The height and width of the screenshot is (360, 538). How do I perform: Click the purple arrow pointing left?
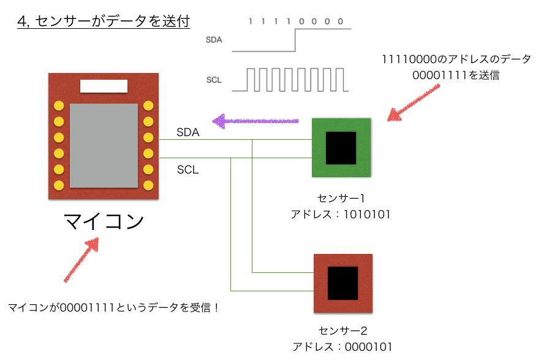pyautogui.click(x=256, y=121)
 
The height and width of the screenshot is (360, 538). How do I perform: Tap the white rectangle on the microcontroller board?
pyautogui.click(x=104, y=86)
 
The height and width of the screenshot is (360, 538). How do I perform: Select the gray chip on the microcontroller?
pyautogui.click(x=104, y=145)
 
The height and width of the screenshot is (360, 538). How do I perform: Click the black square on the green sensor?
pyautogui.click(x=341, y=148)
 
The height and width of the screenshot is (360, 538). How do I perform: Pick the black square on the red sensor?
pyautogui.click(x=343, y=283)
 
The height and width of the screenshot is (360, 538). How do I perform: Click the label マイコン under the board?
pyautogui.click(x=104, y=221)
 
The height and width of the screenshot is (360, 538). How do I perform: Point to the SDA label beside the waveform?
pyautogui.click(x=214, y=40)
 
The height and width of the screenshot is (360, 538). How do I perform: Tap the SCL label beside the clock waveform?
pyautogui.click(x=214, y=80)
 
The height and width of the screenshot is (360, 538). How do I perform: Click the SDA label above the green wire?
pyautogui.click(x=188, y=132)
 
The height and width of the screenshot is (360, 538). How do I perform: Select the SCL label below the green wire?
pyautogui.click(x=188, y=169)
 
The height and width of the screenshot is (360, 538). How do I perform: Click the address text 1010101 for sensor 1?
pyautogui.click(x=367, y=215)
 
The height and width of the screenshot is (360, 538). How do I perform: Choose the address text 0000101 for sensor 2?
pyautogui.click(x=368, y=347)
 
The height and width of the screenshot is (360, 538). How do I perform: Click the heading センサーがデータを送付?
pyautogui.click(x=113, y=21)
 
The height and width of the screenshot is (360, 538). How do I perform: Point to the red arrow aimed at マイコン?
pyautogui.click(x=81, y=259)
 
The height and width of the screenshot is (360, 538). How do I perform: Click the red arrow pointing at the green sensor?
pyautogui.click(x=413, y=102)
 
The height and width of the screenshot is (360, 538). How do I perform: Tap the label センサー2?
pyautogui.click(x=343, y=331)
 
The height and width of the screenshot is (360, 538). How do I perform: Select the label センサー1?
pyautogui.click(x=341, y=198)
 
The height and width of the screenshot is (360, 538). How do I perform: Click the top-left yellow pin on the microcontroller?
pyautogui.click(x=59, y=105)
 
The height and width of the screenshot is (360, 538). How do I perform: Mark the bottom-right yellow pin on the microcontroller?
pyautogui.click(x=148, y=185)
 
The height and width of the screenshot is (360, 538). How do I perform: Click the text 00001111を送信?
pyautogui.click(x=456, y=75)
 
